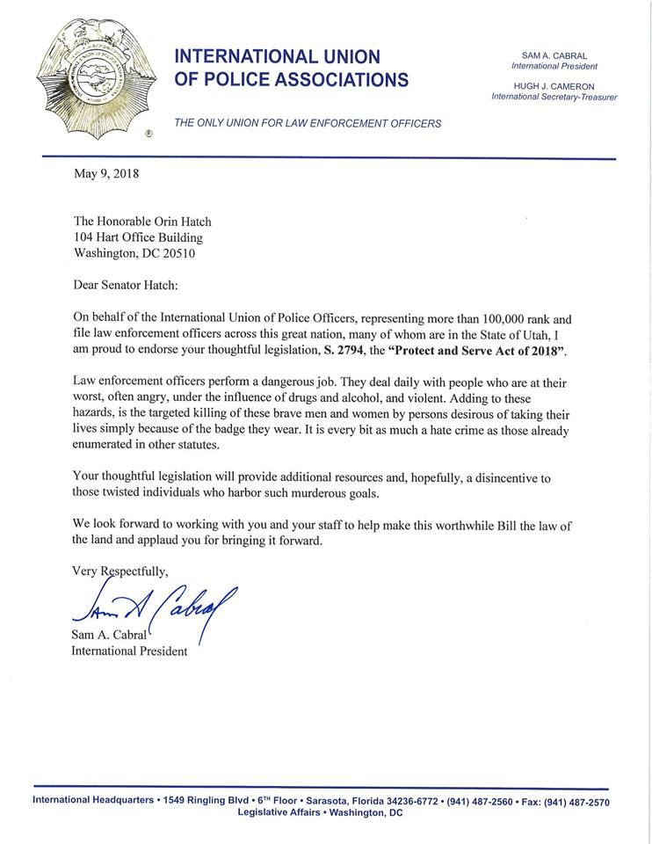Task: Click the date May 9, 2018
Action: pyautogui.click(x=106, y=173)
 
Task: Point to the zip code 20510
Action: pyautogui.click(x=174, y=254)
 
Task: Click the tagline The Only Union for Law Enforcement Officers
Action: pyautogui.click(x=308, y=123)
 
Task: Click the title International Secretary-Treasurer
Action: pyautogui.click(x=554, y=97)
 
